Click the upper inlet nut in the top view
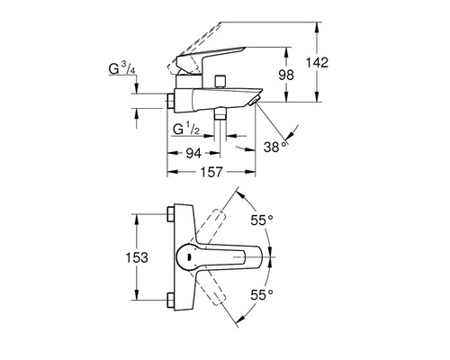171,217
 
